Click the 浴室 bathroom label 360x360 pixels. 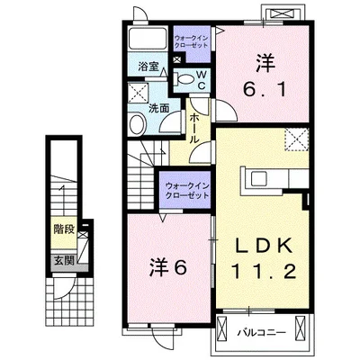point(148,67)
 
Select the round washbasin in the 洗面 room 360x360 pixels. point(137,124)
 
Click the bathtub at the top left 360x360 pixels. point(148,38)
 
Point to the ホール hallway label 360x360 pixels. point(194,129)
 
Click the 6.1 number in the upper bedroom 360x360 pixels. point(265,90)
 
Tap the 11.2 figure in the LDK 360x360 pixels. point(263,273)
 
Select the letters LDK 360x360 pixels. point(263,247)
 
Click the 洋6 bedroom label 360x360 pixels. point(168,267)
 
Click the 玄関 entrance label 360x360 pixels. point(64,260)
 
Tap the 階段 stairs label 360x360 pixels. point(64,229)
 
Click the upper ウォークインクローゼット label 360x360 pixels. point(191,42)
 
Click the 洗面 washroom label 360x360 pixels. point(159,108)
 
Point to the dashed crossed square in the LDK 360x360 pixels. point(296,139)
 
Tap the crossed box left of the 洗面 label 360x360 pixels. point(139,94)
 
